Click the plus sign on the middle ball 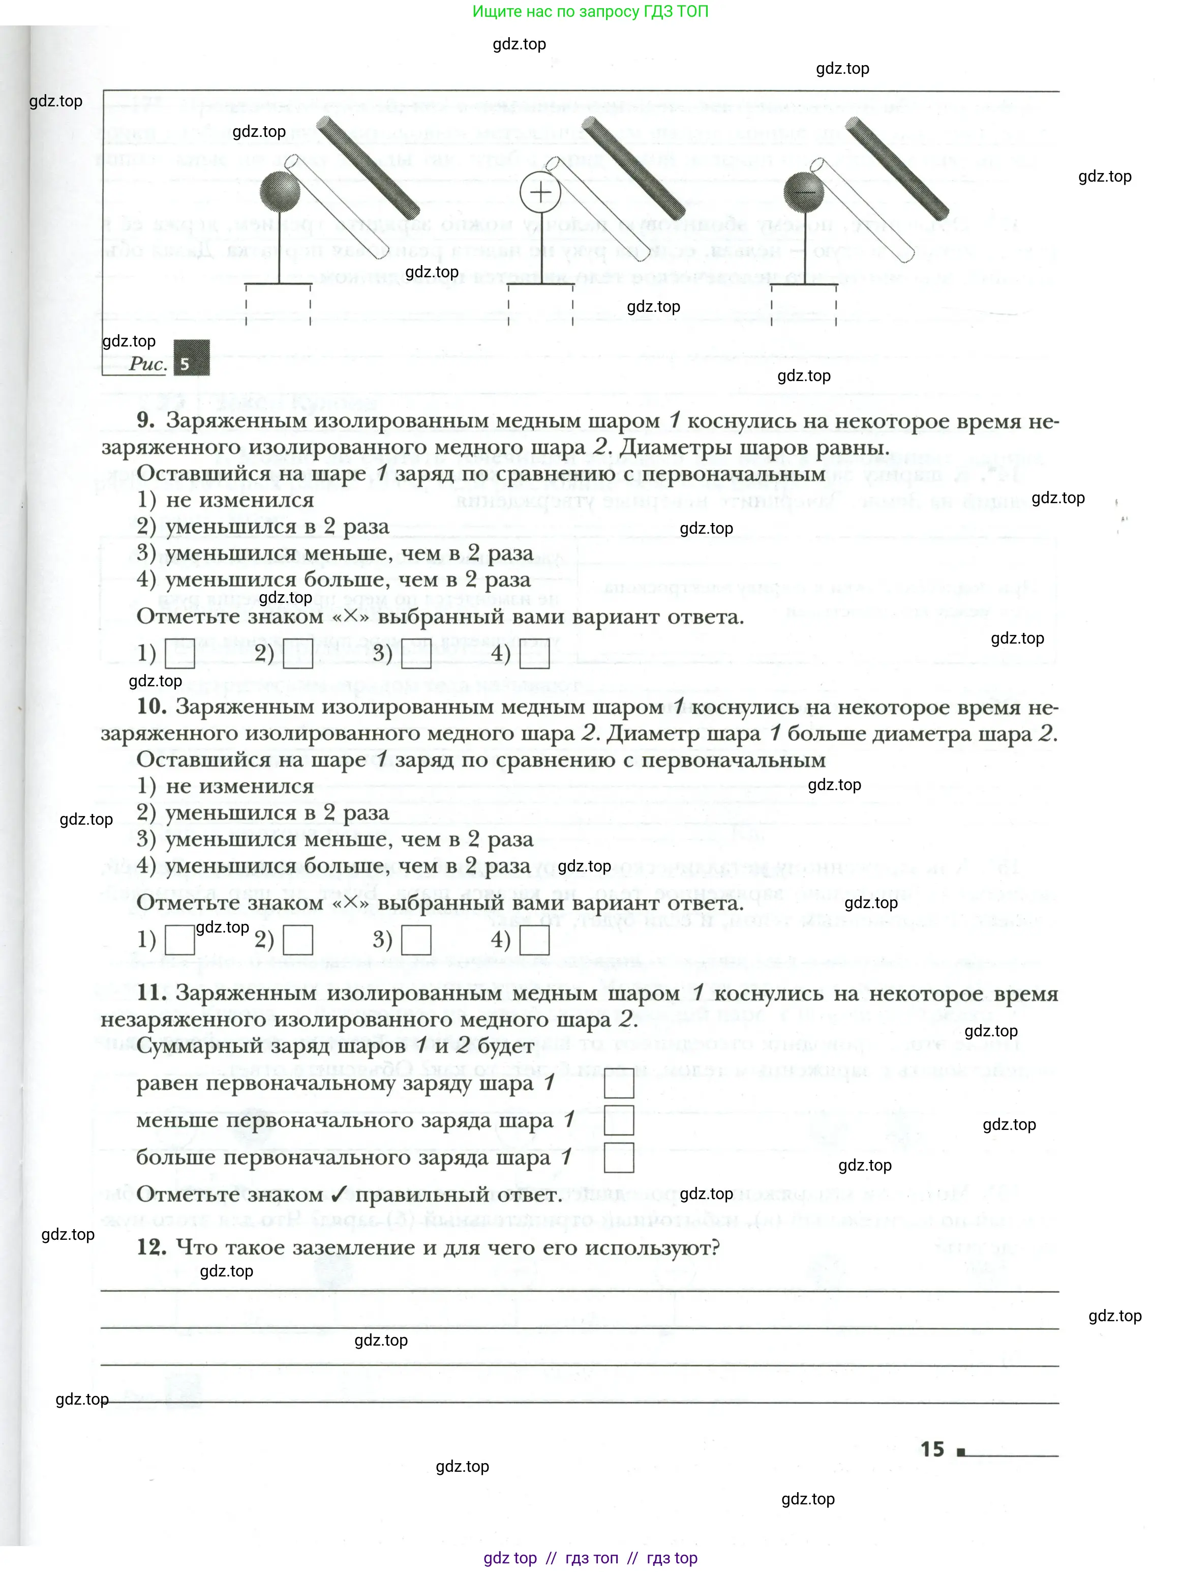pos(540,192)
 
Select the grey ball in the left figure pos(280,192)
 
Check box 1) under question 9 pos(180,655)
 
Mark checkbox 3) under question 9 pos(416,655)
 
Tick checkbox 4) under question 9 pos(534,655)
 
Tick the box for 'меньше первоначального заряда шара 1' pos(618,1121)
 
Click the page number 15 pos(931,1450)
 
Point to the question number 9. pos(145,420)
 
